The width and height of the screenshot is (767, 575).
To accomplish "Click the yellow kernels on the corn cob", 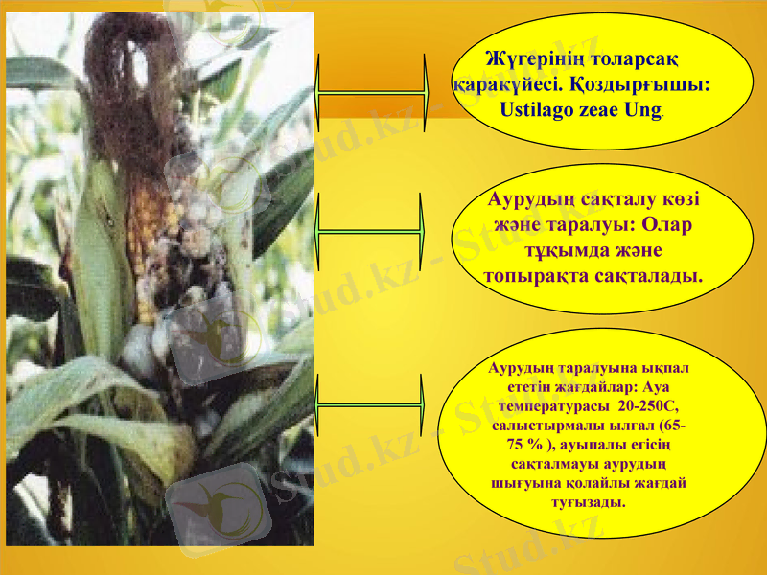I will click(x=147, y=240).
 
